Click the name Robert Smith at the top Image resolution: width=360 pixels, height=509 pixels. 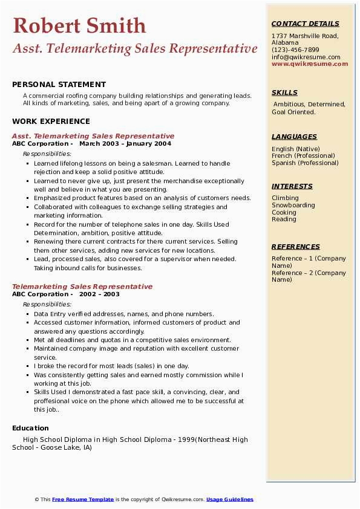pyautogui.click(x=79, y=26)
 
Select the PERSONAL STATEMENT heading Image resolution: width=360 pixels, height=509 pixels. pyautogui.click(x=59, y=85)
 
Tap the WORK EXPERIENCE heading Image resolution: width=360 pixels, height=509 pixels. pyautogui.click(x=51, y=121)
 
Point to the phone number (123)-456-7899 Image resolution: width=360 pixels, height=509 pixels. pyautogui.click(x=295, y=50)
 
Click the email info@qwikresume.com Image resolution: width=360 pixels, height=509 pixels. pyautogui.click(x=306, y=57)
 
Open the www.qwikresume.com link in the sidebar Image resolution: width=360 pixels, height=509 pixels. pyautogui.click(x=310, y=64)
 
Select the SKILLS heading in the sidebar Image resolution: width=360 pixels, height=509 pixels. pyautogui.click(x=284, y=92)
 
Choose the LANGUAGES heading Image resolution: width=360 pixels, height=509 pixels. pyautogui.click(x=294, y=137)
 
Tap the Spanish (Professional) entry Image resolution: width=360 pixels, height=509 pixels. pyautogui.click(x=305, y=163)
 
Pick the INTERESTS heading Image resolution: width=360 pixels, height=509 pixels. pyautogui.click(x=292, y=186)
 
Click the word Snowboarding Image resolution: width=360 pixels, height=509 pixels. pyautogui.click(x=293, y=206)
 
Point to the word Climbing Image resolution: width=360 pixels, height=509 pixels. pyautogui.click(x=285, y=198)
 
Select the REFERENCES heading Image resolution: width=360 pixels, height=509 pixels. pyautogui.click(x=296, y=247)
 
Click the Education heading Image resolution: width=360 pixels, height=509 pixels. pyautogui.click(x=30, y=428)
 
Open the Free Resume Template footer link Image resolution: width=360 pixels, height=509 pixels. pyautogui.click(x=83, y=499)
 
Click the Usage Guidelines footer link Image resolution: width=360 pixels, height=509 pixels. pyautogui.click(x=229, y=499)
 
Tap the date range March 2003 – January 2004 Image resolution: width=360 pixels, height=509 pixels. pyautogui.click(x=125, y=144)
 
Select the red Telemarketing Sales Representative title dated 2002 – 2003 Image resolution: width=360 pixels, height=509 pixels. pyautogui.click(x=82, y=287)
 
